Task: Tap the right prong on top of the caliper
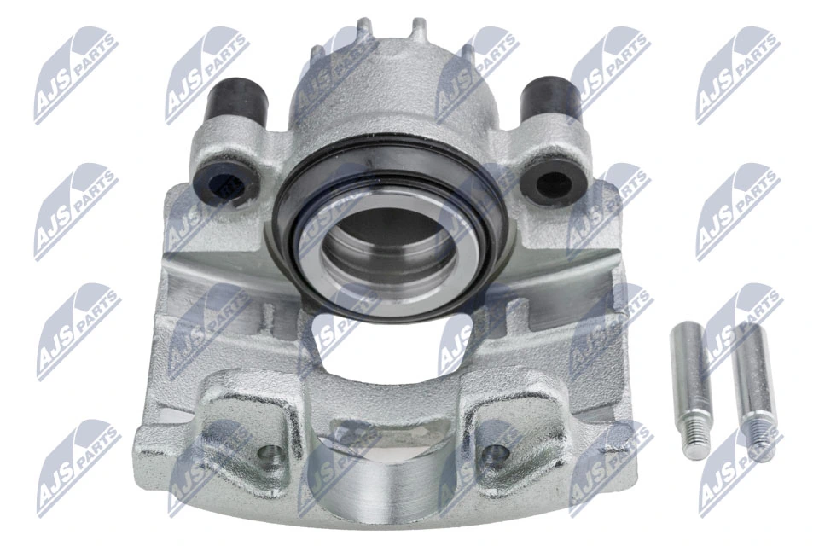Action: coord(420,30)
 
